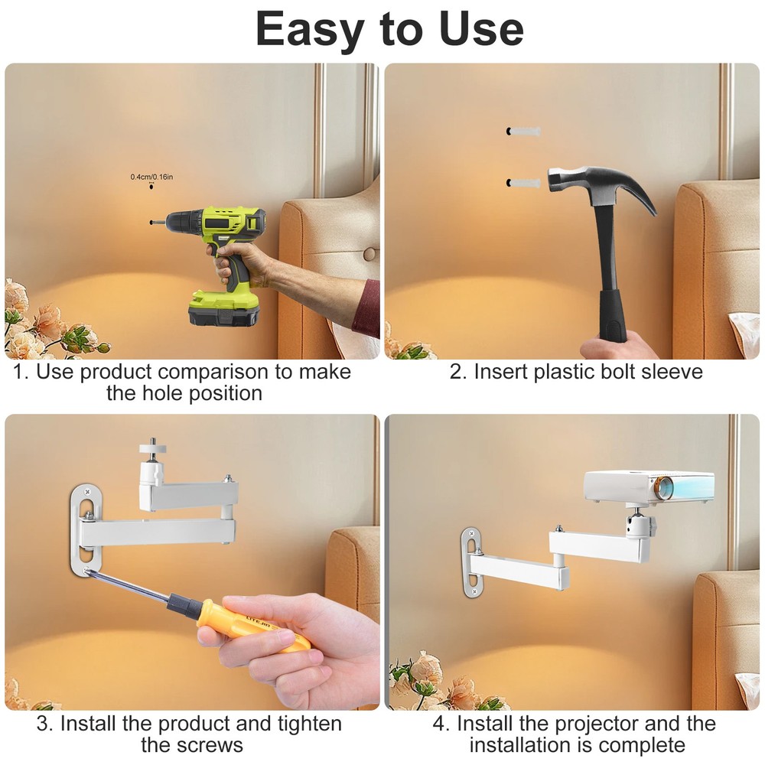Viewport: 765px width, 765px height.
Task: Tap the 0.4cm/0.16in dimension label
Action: (x=151, y=177)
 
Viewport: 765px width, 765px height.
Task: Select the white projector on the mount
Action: (x=648, y=487)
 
